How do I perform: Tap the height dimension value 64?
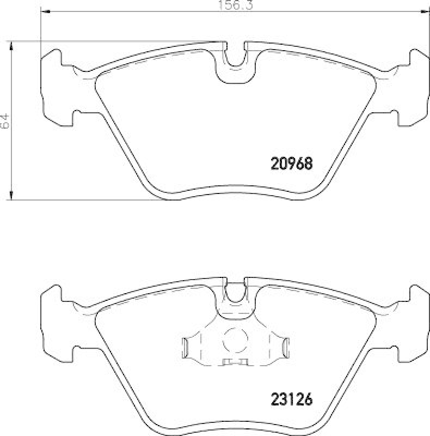point(5,121)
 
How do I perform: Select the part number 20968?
point(291,163)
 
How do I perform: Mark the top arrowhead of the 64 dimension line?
point(12,45)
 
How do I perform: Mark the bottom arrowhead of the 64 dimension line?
point(12,196)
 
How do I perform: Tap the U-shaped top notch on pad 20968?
point(235,57)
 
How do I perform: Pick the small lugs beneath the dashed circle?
point(235,362)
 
